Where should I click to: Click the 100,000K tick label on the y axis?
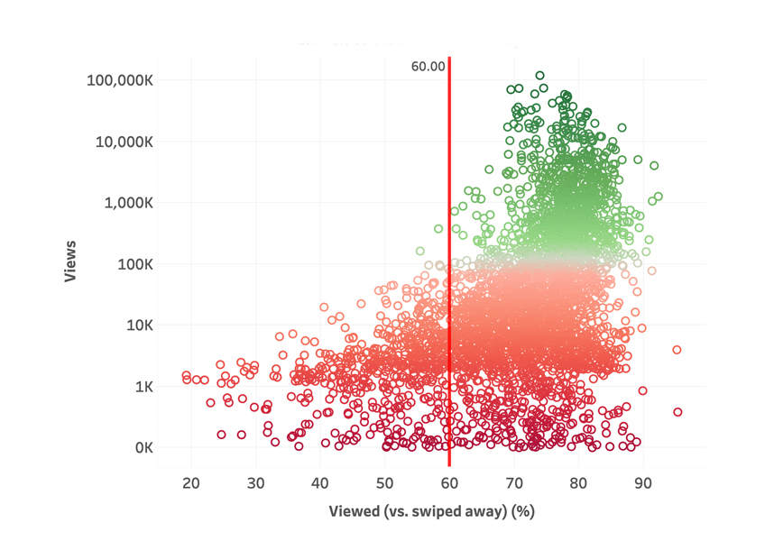coord(121,79)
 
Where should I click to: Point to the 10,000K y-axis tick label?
coord(124,141)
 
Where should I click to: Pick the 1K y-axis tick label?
coord(143,387)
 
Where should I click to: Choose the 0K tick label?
coord(143,448)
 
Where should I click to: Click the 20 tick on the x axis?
coord(191,483)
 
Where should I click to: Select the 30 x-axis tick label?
coord(256,483)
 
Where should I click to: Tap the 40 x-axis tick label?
coord(320,483)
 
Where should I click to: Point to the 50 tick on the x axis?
coord(385,483)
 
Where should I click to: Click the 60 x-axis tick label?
coord(449,483)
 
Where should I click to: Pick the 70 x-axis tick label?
coord(514,483)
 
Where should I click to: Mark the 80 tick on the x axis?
coord(578,483)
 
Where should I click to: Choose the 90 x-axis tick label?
coord(643,483)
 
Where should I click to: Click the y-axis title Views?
coord(70,261)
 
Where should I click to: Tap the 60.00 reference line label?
coord(428,66)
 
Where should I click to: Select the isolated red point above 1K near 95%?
coord(677,350)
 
